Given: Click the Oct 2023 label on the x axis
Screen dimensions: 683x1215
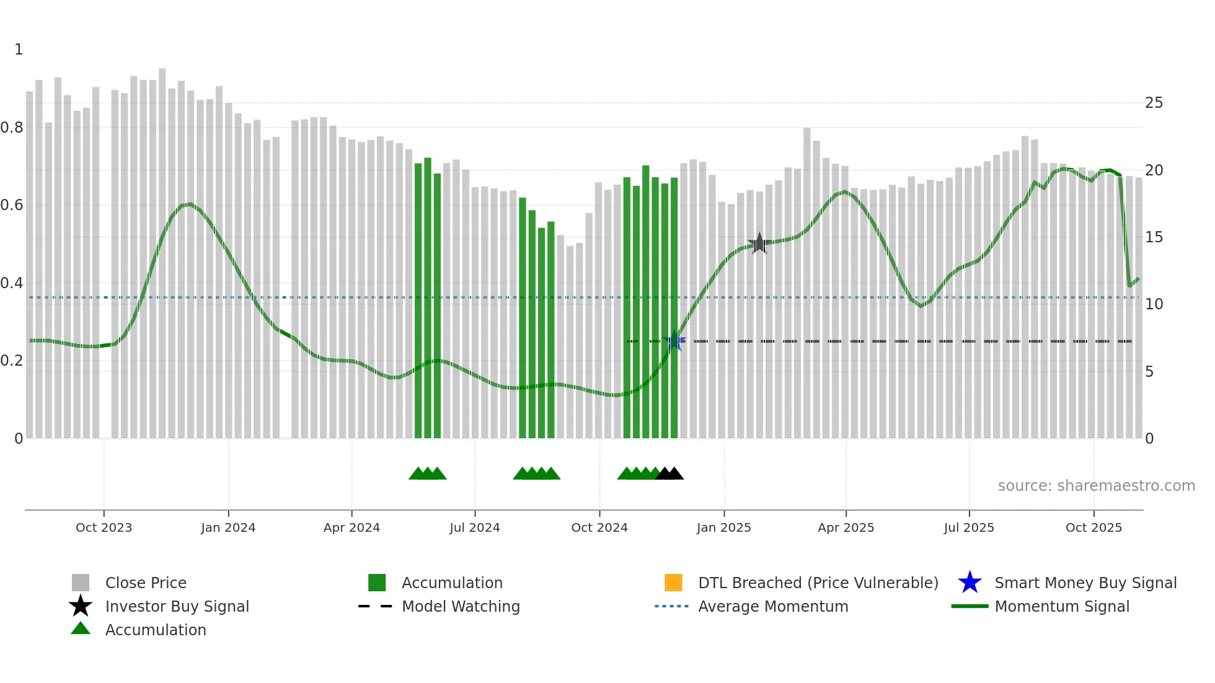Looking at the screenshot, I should tap(104, 527).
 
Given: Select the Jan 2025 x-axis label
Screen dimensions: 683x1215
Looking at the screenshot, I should tap(723, 527).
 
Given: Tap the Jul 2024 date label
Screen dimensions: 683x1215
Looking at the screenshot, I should tap(475, 527).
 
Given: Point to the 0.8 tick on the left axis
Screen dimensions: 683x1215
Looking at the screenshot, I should tap(12, 128).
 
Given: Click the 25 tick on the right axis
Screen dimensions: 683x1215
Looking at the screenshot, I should tap(1154, 103).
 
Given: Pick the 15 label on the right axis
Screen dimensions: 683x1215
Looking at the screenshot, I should tap(1154, 237).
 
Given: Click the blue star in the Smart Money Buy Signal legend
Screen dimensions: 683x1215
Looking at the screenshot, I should tap(970, 583).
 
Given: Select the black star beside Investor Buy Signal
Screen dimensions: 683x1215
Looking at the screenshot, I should tap(81, 606).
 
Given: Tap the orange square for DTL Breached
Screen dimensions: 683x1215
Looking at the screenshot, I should tap(673, 583).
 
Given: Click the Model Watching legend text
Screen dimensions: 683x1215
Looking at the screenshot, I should tap(461, 606).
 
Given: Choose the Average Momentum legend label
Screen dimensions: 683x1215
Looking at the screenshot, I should tap(773, 606).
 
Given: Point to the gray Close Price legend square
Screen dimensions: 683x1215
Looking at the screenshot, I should tap(81, 583).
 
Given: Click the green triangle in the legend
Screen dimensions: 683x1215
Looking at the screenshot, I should tap(81, 628).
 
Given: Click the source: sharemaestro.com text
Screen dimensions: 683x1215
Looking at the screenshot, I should tap(1096, 486).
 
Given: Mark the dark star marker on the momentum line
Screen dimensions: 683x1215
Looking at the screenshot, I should tap(759, 244).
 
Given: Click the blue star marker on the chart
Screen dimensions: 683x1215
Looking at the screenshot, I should tap(674, 341).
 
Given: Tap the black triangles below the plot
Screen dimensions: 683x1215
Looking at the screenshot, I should tap(669, 474).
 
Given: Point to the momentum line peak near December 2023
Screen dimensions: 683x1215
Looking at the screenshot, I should tap(188, 204).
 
